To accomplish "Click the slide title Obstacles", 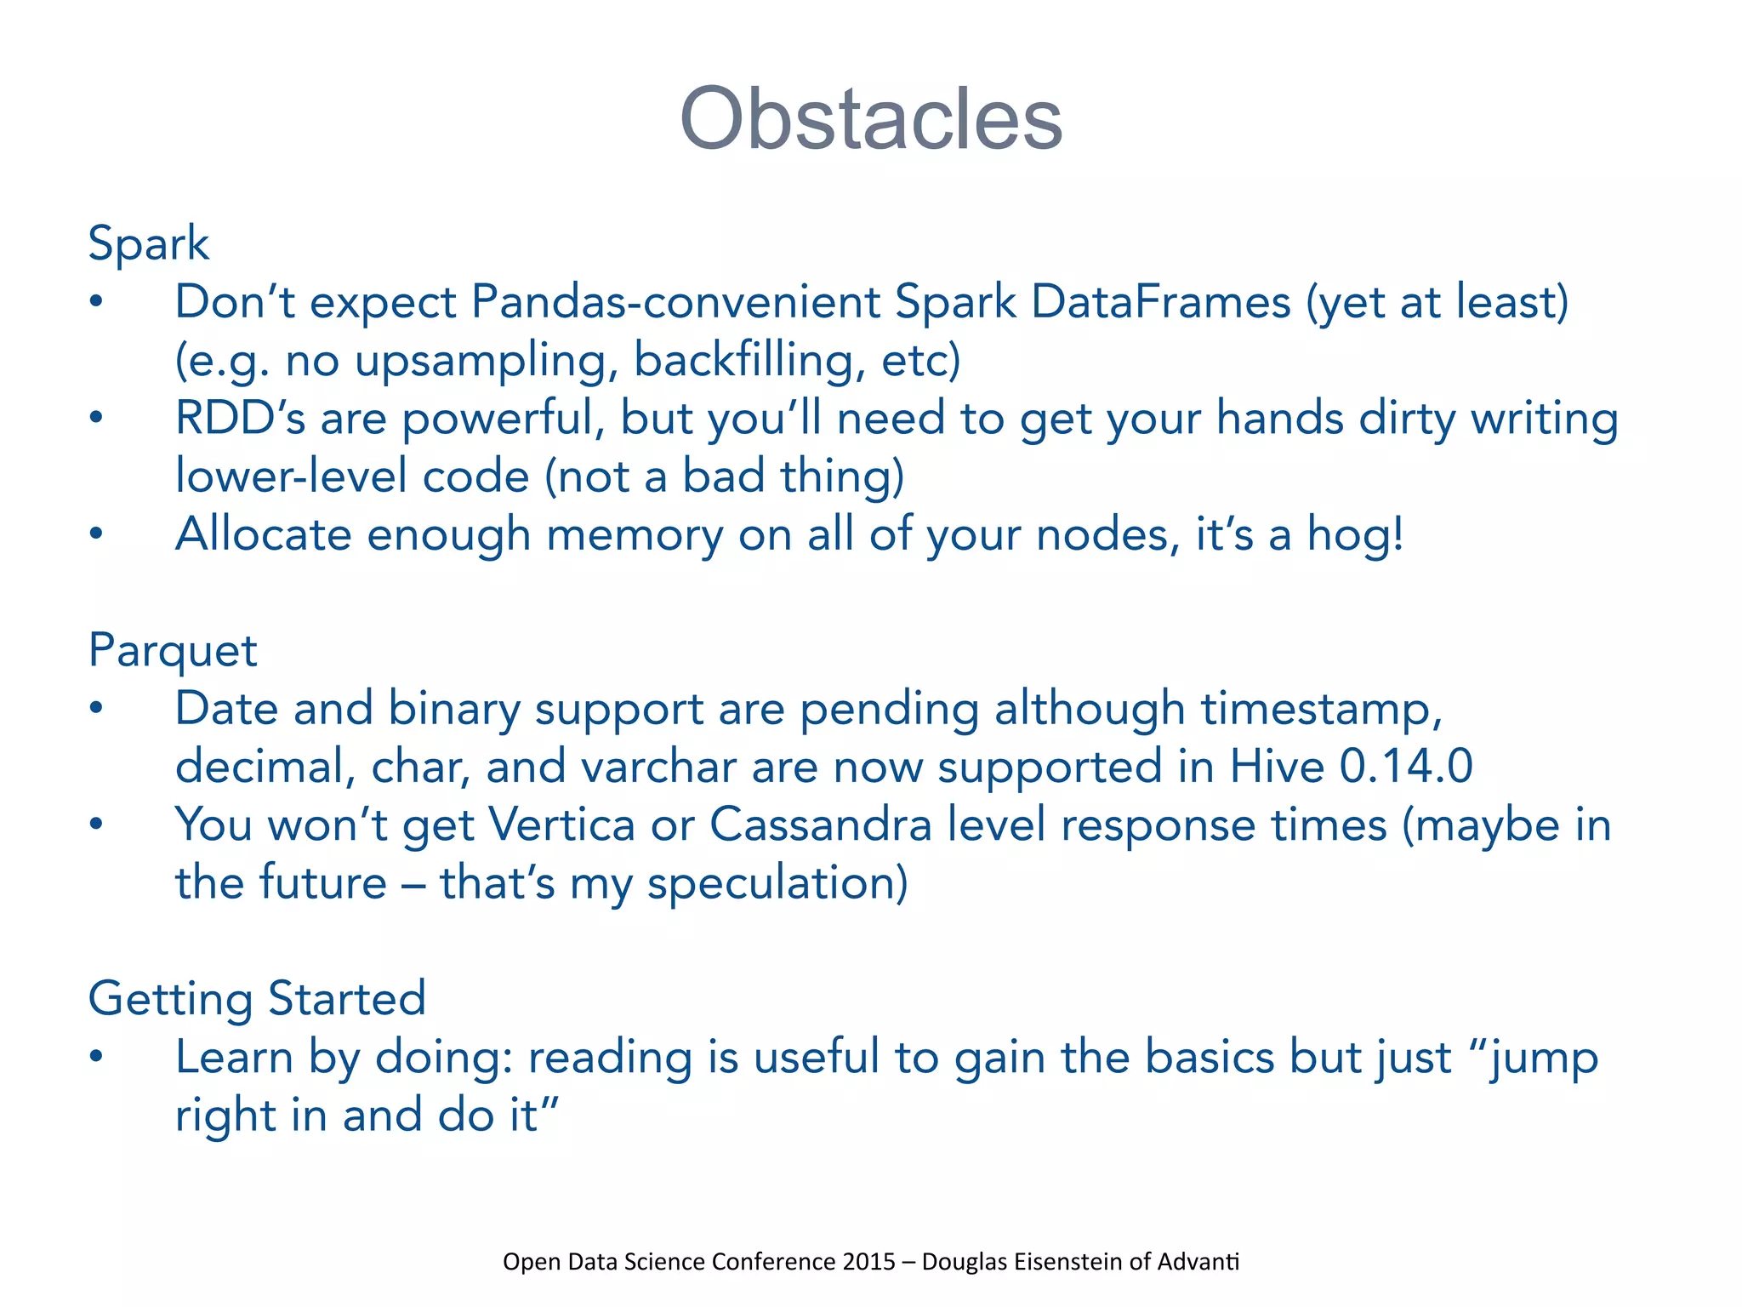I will [x=871, y=119].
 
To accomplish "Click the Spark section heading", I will [x=148, y=244].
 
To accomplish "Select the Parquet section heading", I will [x=172, y=652].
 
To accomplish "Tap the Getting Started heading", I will [x=257, y=998].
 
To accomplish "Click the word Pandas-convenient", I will [x=675, y=302].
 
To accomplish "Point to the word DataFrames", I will [x=1161, y=302].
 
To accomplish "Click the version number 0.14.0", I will [x=1406, y=767].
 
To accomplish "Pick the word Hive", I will [x=1277, y=767].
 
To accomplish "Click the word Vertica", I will [x=562, y=825].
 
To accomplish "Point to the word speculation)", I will [x=777, y=883].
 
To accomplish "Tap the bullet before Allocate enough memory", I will [x=96, y=534].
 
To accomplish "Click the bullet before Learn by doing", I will [x=96, y=1057].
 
